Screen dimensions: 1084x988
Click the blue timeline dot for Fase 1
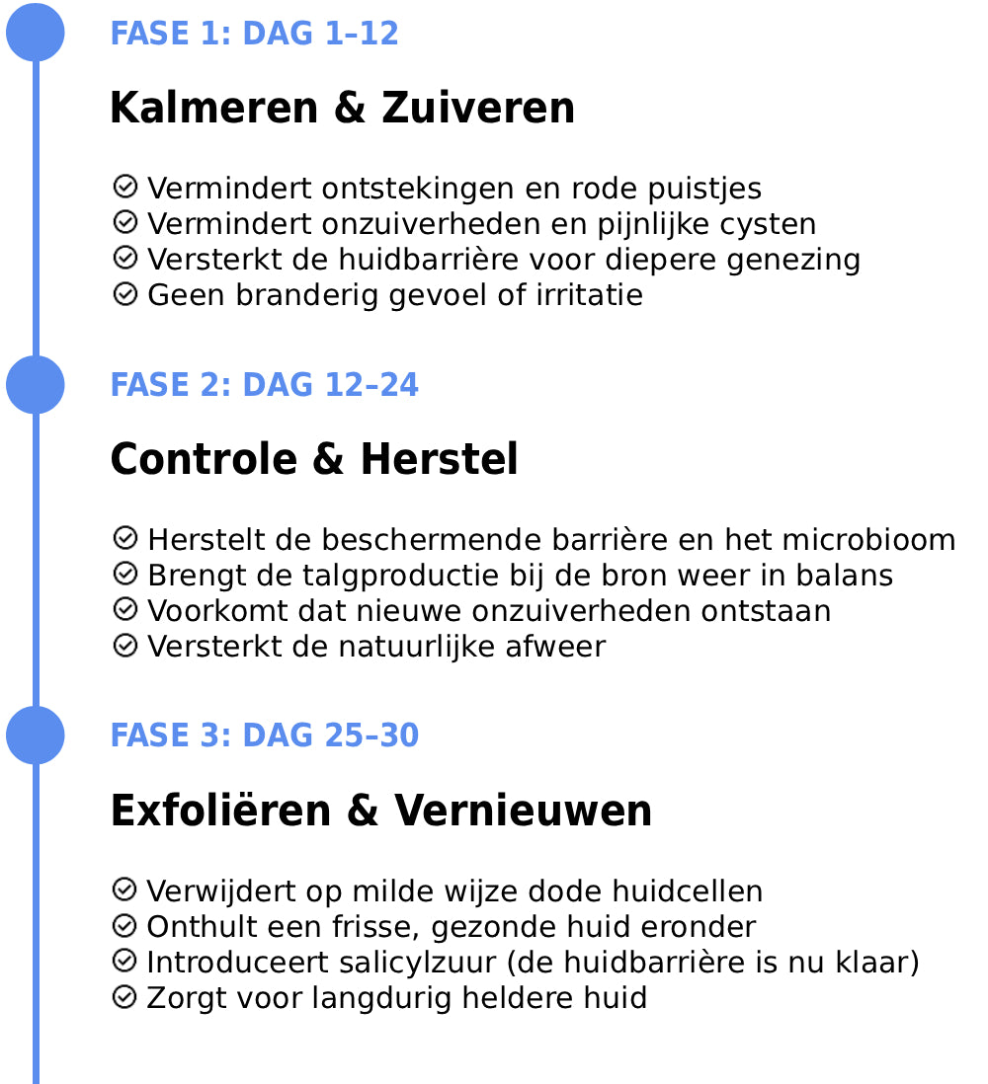pos(36,33)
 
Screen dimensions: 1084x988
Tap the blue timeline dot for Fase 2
pos(36,384)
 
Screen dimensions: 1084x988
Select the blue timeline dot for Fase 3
pos(36,736)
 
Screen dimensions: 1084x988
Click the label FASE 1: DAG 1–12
pos(254,34)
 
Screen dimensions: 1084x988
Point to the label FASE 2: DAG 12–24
pos(264,385)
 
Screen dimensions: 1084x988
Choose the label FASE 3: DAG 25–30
pos(264,736)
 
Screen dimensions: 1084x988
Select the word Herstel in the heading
pos(439,459)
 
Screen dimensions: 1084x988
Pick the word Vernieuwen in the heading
pos(524,811)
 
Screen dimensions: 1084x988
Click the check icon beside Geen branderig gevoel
pos(124,293)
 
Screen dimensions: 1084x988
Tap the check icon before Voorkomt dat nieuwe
pos(124,609)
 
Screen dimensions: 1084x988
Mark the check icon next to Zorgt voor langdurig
pos(124,996)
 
